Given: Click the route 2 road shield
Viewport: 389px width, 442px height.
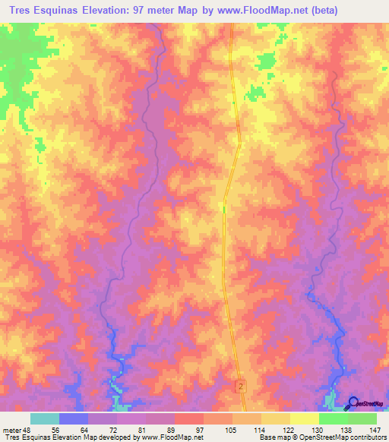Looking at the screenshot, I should pos(241,387).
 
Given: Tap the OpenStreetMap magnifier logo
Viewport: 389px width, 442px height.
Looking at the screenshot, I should pos(353,403).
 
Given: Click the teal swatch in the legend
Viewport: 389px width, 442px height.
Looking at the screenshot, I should pos(45,418).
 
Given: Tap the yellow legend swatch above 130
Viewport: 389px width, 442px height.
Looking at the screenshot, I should pos(305,418).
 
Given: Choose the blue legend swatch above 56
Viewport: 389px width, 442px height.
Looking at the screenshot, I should pos(74,418).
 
